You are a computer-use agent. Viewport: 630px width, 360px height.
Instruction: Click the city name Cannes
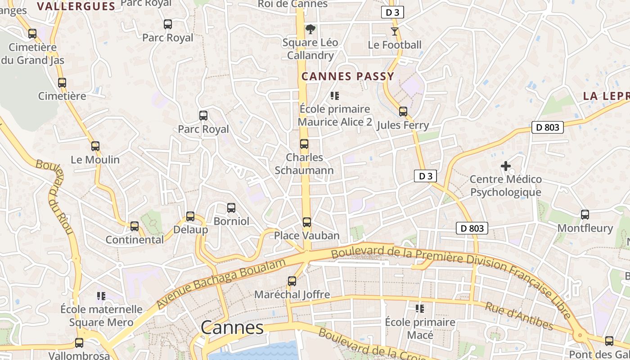[x=232, y=328]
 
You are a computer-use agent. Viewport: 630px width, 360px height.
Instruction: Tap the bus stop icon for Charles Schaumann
[x=304, y=144]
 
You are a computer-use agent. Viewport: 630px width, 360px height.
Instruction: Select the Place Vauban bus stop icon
[x=306, y=222]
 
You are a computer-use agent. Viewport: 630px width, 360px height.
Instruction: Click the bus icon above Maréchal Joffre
[x=292, y=281]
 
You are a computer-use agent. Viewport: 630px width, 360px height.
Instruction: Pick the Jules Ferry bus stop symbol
[x=403, y=112]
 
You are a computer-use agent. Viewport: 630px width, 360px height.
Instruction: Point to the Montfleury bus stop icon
[x=585, y=215]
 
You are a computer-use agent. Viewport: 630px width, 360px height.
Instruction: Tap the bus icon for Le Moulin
[x=95, y=146]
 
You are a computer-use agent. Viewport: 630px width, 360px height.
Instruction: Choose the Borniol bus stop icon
[x=231, y=208]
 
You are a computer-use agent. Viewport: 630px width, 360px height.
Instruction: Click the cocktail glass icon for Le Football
[x=395, y=31]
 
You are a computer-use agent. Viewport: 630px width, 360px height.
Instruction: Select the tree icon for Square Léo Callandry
[x=310, y=30]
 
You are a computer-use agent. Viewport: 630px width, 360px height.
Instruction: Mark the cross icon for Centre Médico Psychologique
[x=506, y=166]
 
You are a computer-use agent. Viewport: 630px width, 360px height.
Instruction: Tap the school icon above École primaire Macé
[x=420, y=309]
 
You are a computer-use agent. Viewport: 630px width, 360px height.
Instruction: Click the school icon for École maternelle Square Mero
[x=101, y=296]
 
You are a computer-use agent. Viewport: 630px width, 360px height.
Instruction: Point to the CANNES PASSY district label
[x=348, y=76]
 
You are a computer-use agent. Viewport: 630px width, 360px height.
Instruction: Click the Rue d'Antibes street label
[x=518, y=316]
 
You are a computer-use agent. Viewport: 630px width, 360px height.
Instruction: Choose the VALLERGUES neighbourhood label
[x=76, y=6]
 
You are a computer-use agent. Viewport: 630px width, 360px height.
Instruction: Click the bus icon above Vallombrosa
[x=79, y=343]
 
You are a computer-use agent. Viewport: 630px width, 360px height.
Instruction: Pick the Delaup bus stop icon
[x=190, y=216]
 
